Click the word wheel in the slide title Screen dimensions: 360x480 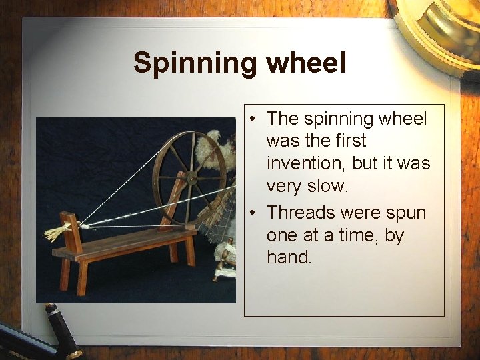click(306, 63)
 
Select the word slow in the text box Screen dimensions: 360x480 click(327, 187)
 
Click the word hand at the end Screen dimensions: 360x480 click(289, 258)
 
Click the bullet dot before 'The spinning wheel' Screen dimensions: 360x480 click(254, 119)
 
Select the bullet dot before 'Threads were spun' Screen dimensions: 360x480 click(254, 213)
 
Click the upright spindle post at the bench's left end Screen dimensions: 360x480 click(70, 230)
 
